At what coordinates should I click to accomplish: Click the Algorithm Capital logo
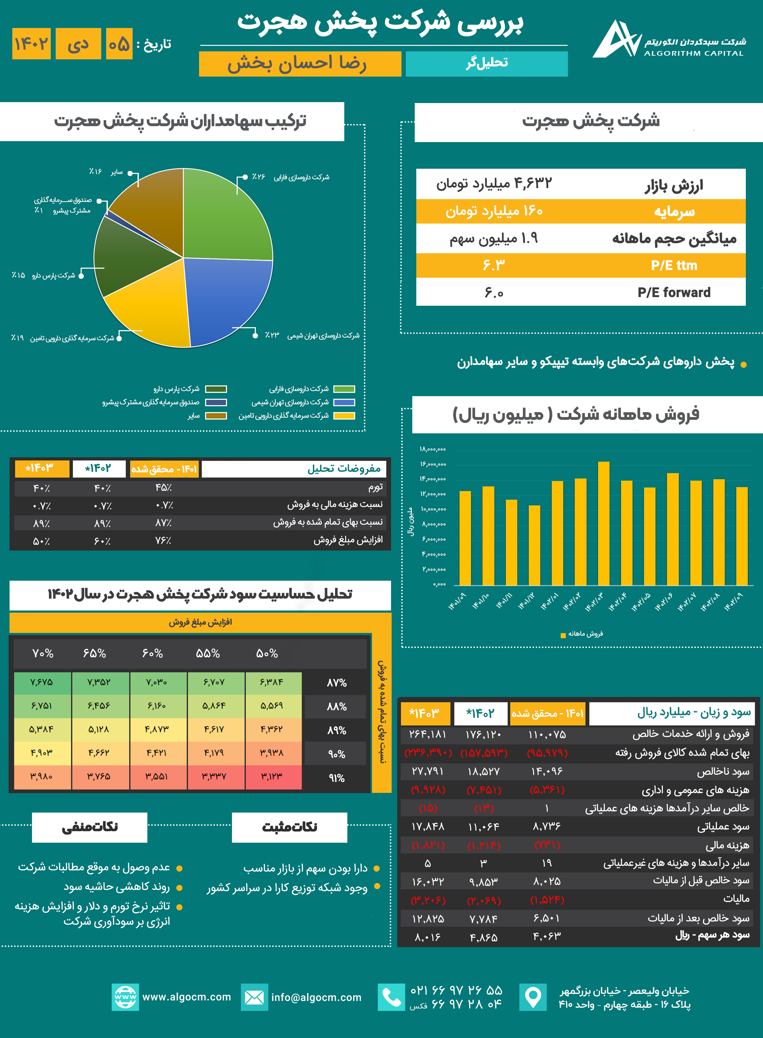click(x=617, y=39)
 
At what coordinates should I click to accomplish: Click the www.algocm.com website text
click(x=186, y=997)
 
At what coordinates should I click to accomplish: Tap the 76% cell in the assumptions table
click(x=163, y=540)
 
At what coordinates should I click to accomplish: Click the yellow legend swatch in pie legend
click(x=344, y=416)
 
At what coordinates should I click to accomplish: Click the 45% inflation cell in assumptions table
click(x=163, y=487)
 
